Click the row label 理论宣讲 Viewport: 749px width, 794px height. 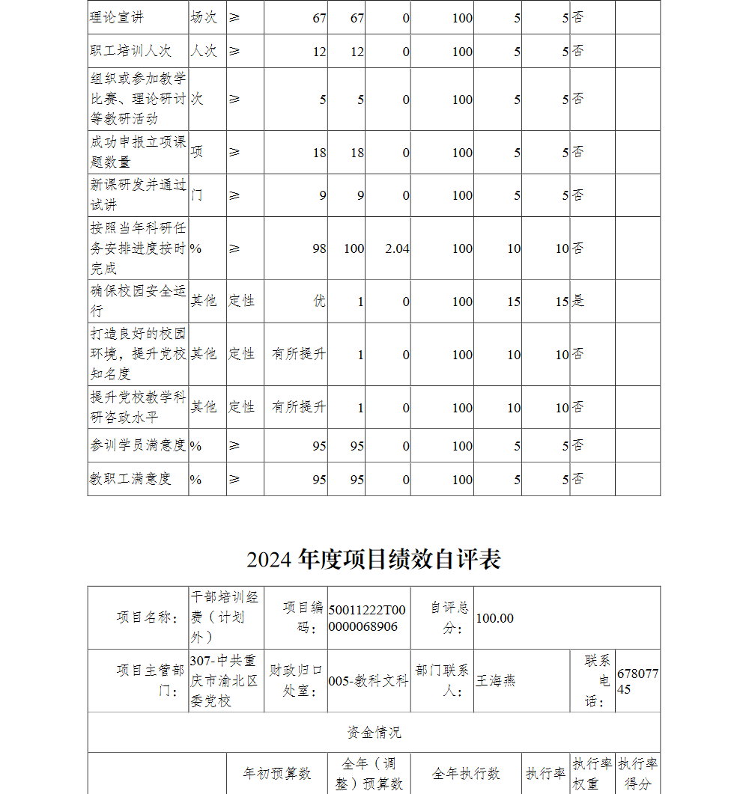[118, 17]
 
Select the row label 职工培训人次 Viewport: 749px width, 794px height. [131, 52]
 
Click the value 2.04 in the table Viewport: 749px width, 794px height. [397, 248]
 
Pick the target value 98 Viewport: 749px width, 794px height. [319, 248]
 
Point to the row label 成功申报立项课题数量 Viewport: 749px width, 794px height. [138, 152]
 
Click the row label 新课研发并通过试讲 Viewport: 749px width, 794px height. [138, 195]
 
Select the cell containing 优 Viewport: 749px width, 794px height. [319, 302]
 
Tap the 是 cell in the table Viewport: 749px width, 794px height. [578, 302]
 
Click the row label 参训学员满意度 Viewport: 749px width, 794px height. [138, 446]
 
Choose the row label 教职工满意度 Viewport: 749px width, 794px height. [131, 480]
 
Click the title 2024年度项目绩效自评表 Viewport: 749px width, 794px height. [374, 559]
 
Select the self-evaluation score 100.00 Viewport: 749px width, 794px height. [495, 618]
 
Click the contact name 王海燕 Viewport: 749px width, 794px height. [496, 681]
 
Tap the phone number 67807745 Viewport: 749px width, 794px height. [637, 681]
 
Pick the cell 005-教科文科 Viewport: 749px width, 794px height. [368, 681]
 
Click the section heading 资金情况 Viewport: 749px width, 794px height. [374, 732]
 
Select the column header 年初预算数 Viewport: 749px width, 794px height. [276, 774]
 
